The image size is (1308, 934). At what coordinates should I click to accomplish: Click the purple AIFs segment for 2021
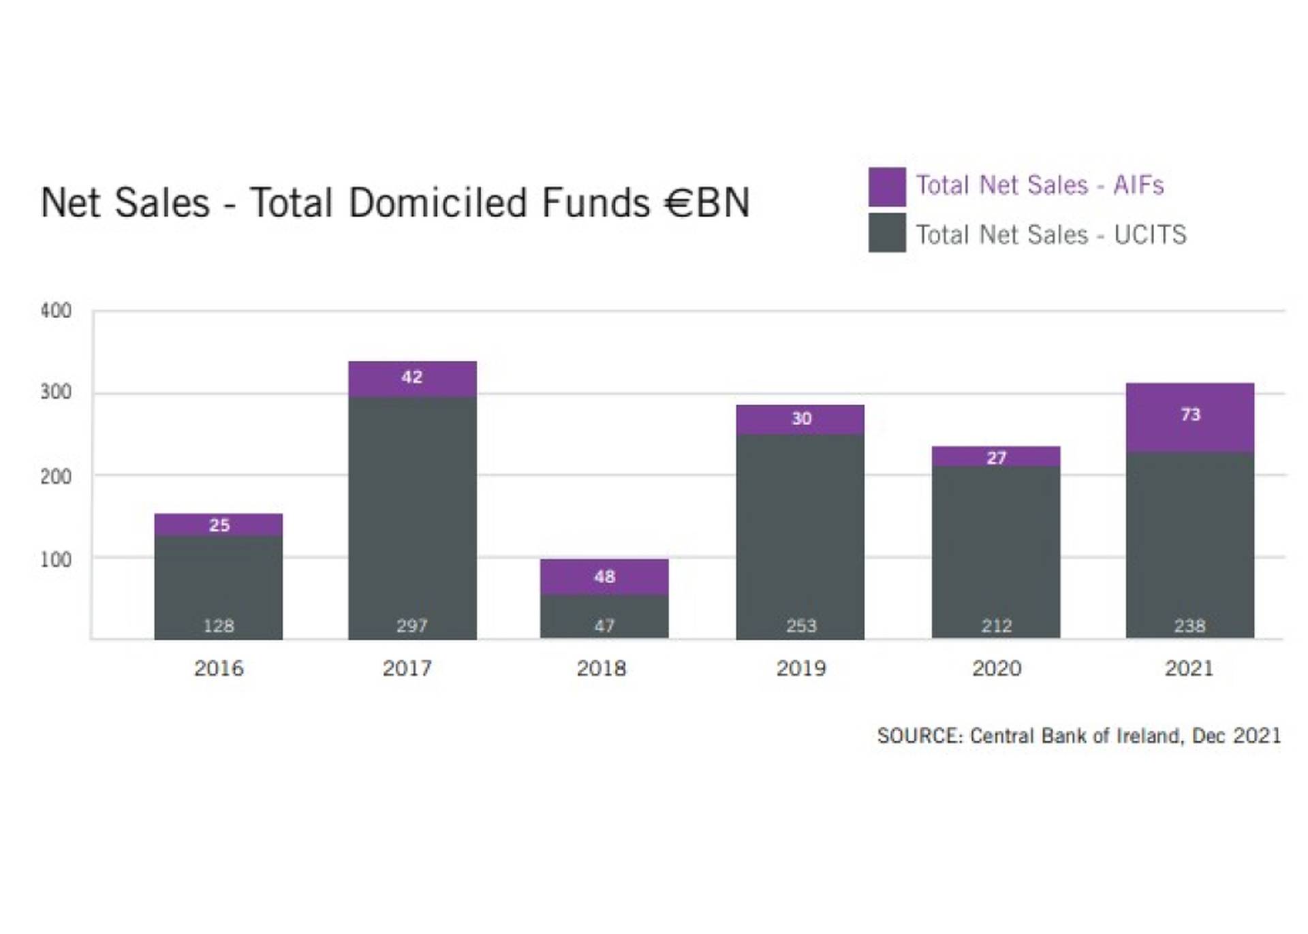1189,417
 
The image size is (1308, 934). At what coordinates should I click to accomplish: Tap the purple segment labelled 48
604,577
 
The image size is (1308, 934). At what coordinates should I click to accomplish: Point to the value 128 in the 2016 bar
219,625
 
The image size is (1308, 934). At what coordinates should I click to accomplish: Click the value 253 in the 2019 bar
800,625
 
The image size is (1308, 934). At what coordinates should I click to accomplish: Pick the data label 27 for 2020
996,458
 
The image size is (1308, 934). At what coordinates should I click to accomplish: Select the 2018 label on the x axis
601,668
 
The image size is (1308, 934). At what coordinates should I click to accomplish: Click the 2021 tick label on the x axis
1189,668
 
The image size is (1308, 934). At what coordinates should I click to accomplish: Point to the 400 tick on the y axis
56,311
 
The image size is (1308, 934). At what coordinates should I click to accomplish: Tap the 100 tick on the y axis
56,560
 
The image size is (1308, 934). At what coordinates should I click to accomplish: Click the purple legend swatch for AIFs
887,187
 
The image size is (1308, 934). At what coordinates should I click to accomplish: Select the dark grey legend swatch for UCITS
887,233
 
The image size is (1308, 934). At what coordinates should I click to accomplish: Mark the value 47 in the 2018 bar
604,625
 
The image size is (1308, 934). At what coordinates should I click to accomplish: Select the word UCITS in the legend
1150,235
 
